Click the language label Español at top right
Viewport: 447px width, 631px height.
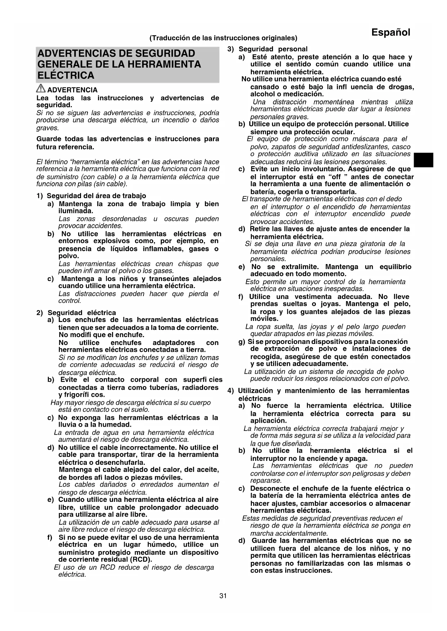391,32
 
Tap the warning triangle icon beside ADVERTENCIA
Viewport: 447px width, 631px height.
41,89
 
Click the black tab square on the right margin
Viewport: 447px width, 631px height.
423,160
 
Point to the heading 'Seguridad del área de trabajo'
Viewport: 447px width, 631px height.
96,196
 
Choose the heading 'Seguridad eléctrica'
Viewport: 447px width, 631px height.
82,313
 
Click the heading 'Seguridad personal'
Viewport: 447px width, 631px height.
273,49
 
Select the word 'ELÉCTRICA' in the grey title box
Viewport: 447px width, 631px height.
66,76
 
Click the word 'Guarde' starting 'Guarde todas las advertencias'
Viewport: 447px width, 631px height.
49,139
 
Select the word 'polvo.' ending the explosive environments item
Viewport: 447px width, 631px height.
68,256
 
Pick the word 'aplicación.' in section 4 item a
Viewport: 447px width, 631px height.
269,421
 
